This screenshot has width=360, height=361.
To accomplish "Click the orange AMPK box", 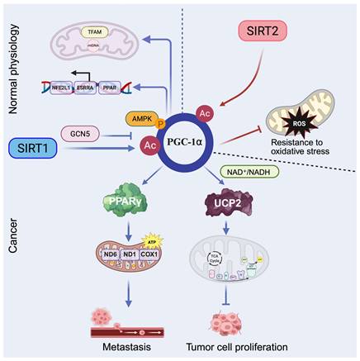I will (x=142, y=118).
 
